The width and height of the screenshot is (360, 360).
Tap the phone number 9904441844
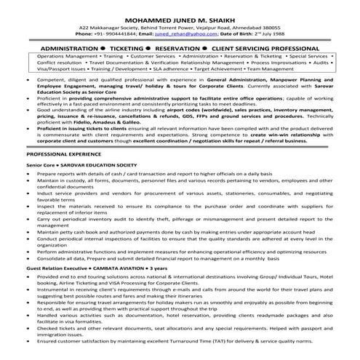[x=127, y=33]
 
